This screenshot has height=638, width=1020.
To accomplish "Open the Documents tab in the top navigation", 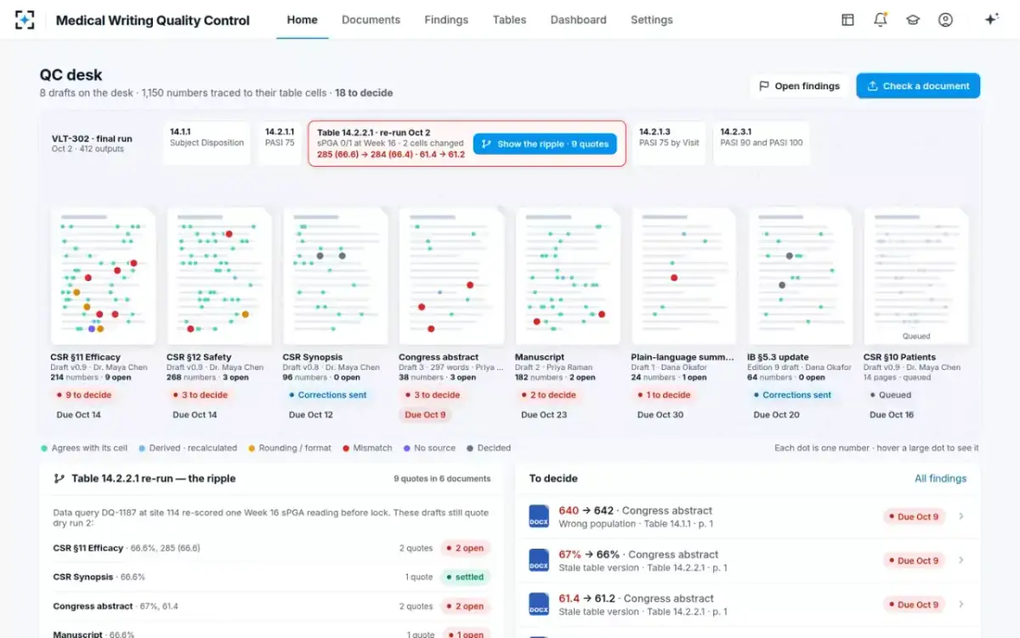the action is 371,20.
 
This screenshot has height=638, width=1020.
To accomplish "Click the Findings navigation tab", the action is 446,20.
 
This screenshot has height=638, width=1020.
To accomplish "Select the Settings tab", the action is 652,20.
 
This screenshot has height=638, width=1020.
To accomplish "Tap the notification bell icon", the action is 881,20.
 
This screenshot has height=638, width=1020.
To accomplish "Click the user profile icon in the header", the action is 945,20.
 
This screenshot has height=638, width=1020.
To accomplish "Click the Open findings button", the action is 799,86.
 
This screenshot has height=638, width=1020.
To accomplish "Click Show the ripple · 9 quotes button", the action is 545,144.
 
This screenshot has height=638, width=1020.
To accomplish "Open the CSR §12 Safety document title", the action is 199,356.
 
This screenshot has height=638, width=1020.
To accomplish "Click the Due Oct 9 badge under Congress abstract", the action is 425,415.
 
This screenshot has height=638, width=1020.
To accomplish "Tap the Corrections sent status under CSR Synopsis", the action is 328,395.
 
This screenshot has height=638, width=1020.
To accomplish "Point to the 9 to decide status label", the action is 84,395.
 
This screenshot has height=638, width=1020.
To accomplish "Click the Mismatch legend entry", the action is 367,448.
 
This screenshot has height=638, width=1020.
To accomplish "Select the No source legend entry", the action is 429,448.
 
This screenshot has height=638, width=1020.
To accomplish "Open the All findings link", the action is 940,478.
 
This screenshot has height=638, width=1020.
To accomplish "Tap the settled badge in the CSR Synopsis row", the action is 466,577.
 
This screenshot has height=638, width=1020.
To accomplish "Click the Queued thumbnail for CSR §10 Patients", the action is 916,276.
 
